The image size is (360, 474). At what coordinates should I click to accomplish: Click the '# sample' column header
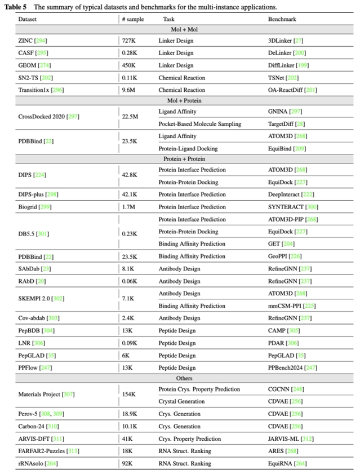(x=133, y=19)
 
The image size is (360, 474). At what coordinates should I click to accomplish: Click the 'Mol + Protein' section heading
(x=180, y=100)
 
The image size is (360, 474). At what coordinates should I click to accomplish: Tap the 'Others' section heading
(x=180, y=378)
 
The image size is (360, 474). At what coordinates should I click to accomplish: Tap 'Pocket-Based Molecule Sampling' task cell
(x=200, y=123)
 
